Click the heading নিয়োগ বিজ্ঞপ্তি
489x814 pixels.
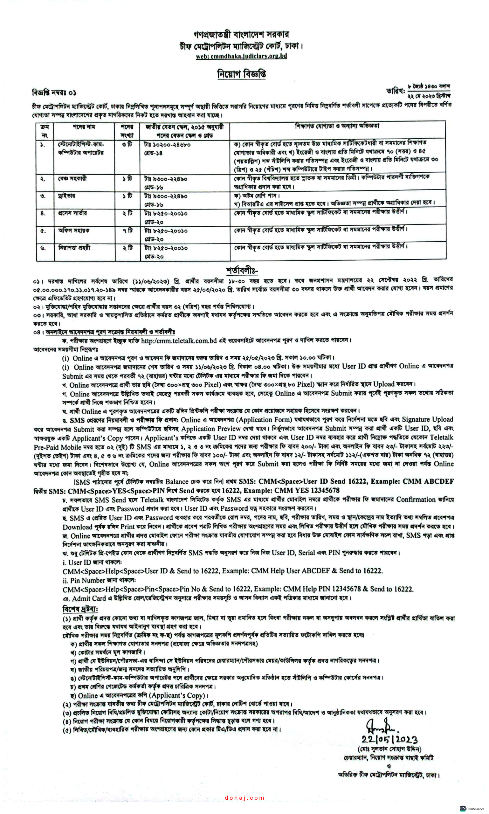click(242, 74)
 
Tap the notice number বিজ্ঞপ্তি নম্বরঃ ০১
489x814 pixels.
click(54, 93)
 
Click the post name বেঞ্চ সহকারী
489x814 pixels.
click(72, 179)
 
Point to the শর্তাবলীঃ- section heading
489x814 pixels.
click(242, 271)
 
